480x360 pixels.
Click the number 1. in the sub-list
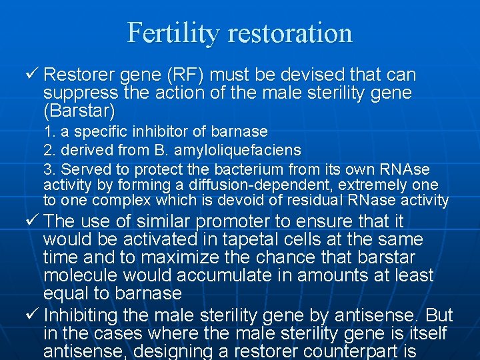[49, 131]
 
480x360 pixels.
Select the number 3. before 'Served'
[49, 169]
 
